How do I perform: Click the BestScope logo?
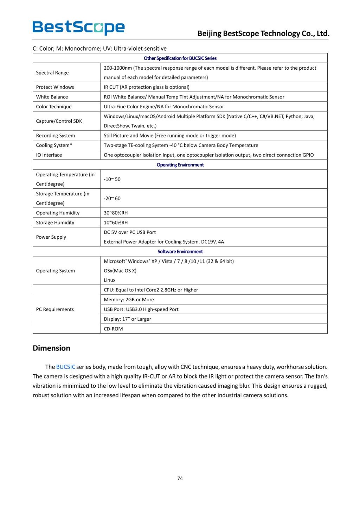[x=78, y=27]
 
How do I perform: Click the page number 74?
[x=180, y=478]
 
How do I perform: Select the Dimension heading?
[x=51, y=348]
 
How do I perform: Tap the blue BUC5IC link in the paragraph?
[x=66, y=367]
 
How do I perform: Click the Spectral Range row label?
[x=52, y=73]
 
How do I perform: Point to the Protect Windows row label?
[x=55, y=87]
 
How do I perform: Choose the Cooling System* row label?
[x=54, y=145]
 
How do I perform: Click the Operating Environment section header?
[x=180, y=165]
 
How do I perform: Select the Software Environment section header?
[x=180, y=252]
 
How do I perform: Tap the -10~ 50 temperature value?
[x=112, y=179]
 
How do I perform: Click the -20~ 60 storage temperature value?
[x=112, y=199]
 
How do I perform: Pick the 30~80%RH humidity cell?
[x=116, y=213]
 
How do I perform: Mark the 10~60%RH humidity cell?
[x=116, y=223]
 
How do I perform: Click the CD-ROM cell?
[x=113, y=329]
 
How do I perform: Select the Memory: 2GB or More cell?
[x=129, y=300]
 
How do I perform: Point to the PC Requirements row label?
[x=55, y=309]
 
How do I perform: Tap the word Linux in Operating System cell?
[x=110, y=280]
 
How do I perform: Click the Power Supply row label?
[x=51, y=237]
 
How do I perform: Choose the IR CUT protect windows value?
[x=147, y=87]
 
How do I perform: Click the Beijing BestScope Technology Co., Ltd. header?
[x=263, y=33]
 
